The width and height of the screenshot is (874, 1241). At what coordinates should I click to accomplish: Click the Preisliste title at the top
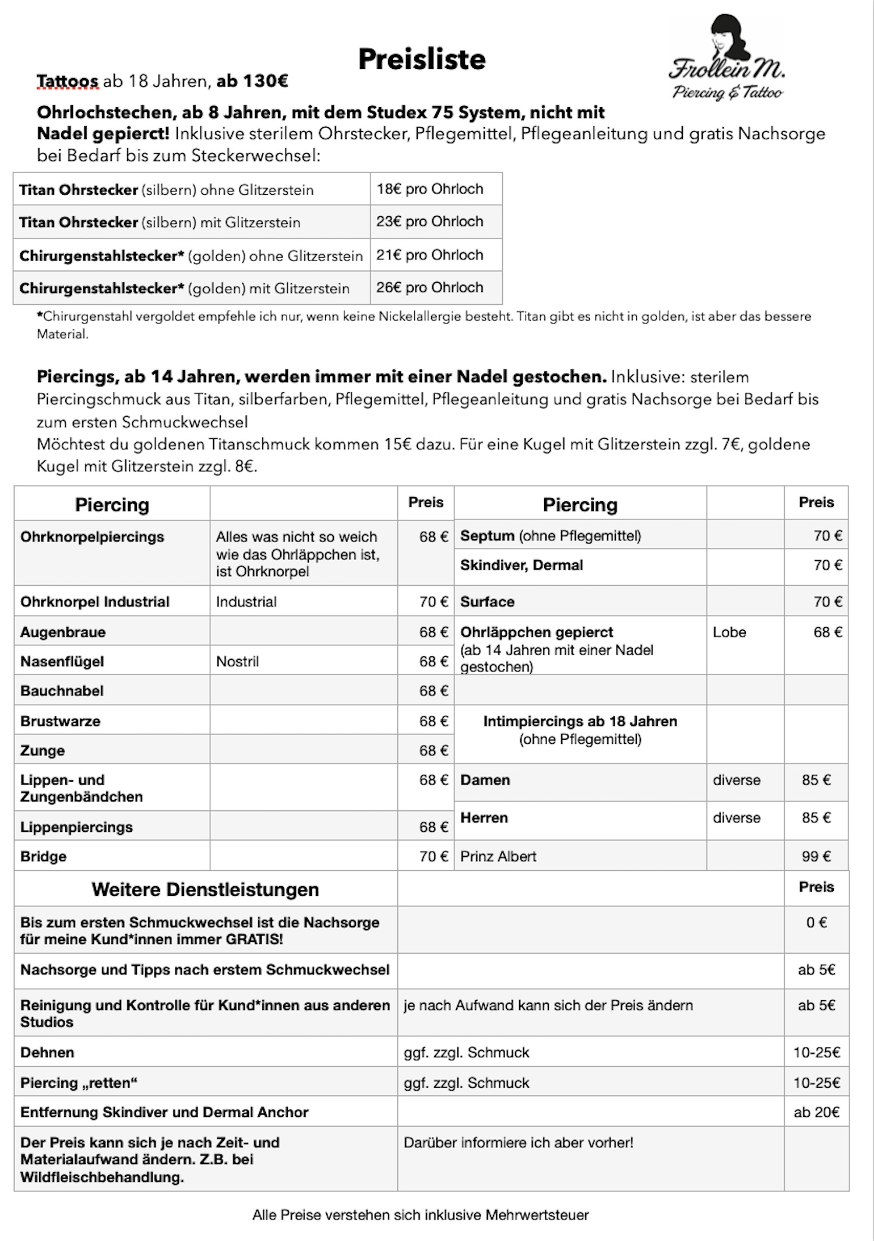[422, 59]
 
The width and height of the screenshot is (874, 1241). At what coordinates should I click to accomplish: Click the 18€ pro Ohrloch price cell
[430, 189]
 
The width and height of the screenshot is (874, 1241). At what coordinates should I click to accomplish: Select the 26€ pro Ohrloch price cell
[430, 287]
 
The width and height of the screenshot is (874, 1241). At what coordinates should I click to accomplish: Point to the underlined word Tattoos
[68, 81]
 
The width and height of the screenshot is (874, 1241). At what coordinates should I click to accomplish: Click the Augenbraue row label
[63, 632]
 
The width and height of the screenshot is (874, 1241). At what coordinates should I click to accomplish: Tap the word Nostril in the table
[237, 662]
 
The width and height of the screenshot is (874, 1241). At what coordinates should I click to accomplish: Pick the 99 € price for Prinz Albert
[816, 856]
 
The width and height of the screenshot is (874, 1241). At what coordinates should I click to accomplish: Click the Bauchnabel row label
[62, 691]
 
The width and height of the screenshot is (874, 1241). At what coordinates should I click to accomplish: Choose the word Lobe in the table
[729, 632]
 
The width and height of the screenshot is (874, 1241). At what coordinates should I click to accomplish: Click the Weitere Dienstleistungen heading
[205, 890]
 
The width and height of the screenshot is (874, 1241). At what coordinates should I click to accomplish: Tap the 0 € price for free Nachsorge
[816, 922]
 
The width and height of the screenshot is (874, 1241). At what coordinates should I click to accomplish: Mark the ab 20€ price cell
[816, 1112]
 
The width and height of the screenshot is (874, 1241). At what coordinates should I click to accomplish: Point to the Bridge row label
[43, 856]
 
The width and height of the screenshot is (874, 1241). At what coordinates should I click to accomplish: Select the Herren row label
[484, 818]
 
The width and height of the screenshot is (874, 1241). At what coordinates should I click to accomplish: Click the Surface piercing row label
[487, 602]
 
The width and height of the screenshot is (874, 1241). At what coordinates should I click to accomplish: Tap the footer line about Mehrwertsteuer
[420, 1215]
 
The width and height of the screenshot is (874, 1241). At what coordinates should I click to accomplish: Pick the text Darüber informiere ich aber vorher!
[518, 1142]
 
